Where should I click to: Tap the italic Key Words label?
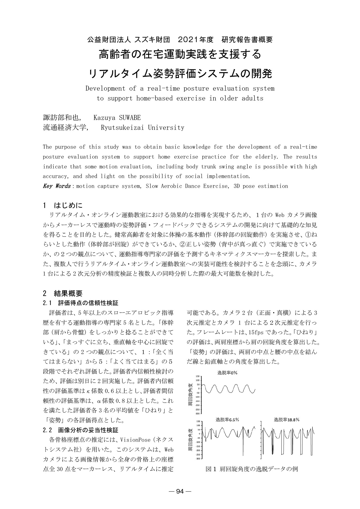[x=57, y=186]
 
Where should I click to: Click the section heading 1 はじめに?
[x=63, y=205]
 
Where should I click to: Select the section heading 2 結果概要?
[x=63, y=294]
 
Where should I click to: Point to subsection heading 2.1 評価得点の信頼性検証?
[x=80, y=303]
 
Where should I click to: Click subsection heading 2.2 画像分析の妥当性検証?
[x=80, y=430]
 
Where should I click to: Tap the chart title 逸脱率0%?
[x=227, y=373]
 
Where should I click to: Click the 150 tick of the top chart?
[x=198, y=376]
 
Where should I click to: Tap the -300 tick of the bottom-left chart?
[x=198, y=459]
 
